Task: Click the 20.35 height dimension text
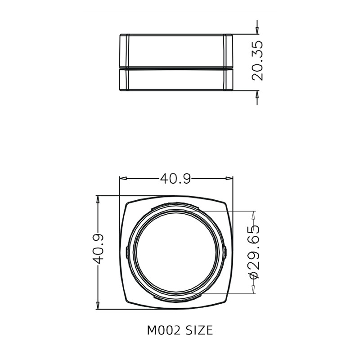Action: point(258,61)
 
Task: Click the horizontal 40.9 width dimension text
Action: point(175,179)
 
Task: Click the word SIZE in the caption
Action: point(198,331)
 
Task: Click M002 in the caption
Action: point(163,331)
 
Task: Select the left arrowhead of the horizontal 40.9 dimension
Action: point(122,179)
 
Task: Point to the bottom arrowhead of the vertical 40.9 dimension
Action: point(98,306)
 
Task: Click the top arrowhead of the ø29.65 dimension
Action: point(254,215)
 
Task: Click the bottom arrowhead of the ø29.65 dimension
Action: point(254,290)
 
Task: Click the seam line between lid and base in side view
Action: point(176,68)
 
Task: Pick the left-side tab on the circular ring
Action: point(127,252)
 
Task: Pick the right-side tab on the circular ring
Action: point(225,252)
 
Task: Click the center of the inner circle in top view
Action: point(176,252)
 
